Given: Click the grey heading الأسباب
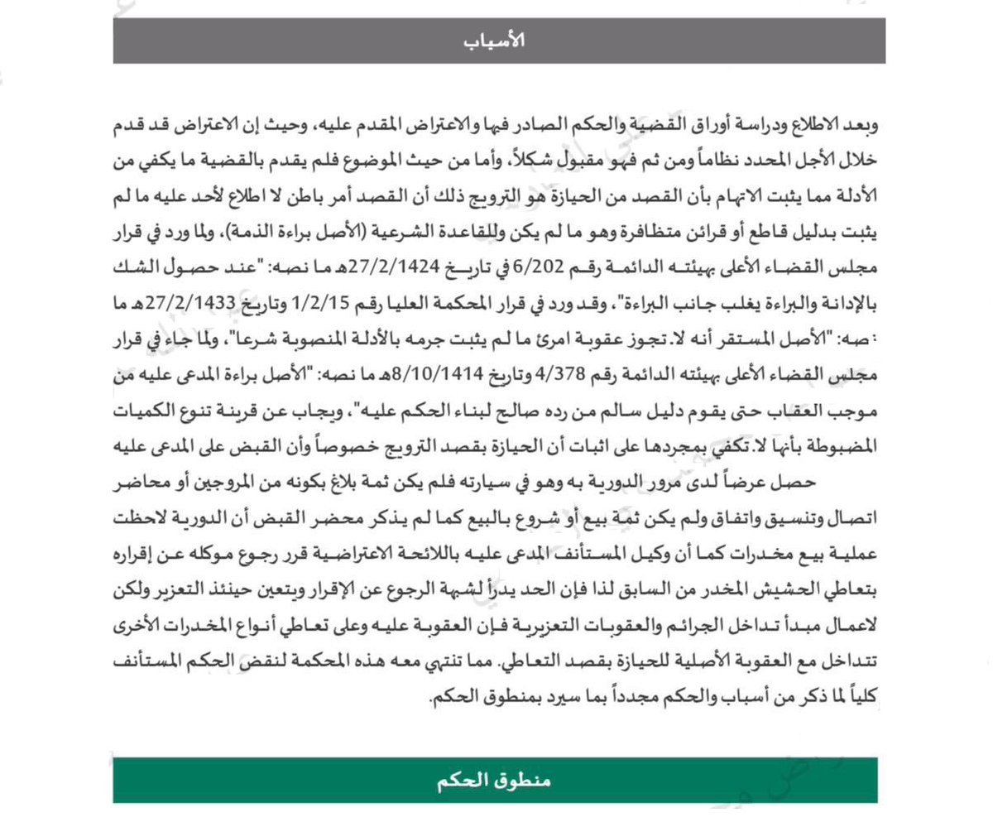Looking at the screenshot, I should click(x=499, y=41).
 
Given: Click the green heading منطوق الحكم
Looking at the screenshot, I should click(x=494, y=781).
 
